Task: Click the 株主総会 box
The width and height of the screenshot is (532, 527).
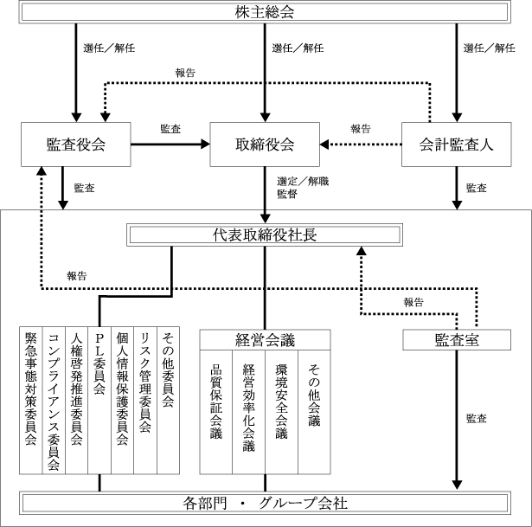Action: point(265,13)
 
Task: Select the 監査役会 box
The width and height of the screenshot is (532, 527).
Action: point(75,145)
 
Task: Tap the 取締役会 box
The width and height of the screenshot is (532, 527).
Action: point(265,145)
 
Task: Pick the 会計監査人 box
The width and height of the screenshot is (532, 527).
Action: point(457,145)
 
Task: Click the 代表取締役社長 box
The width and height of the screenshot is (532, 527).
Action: point(265,235)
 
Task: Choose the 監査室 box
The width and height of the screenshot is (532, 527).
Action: point(457,340)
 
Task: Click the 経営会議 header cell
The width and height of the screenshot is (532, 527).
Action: point(265,340)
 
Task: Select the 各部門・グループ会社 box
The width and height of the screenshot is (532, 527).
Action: point(265,503)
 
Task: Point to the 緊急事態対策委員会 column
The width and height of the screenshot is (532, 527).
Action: point(31,401)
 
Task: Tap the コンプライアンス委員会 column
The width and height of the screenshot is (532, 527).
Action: point(54,401)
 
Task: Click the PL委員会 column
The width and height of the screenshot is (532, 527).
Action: point(99,401)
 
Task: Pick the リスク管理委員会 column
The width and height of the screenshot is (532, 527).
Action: point(145,401)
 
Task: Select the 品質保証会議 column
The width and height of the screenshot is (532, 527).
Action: point(215,412)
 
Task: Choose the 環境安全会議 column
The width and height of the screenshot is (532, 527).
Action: point(281,412)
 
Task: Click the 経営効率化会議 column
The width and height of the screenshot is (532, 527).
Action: point(248,412)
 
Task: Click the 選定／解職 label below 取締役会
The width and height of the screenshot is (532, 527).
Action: point(303,182)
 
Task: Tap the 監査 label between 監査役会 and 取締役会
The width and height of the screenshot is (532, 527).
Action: point(170,129)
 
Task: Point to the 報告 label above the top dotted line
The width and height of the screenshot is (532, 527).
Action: point(185,73)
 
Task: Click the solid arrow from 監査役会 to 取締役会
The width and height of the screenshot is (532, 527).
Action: point(170,145)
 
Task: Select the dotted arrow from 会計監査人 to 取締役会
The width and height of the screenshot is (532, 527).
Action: point(361,145)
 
